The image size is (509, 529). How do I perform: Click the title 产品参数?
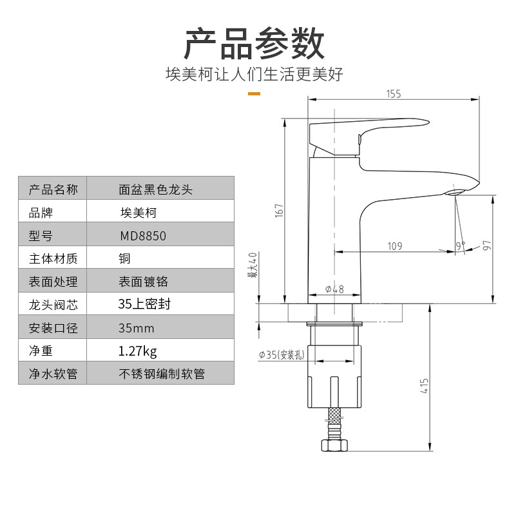[254, 44]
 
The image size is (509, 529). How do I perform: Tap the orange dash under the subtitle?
[254, 93]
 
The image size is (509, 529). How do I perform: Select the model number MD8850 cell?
[142, 236]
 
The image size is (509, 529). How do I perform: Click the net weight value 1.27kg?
[137, 351]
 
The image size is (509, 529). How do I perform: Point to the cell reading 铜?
[125, 259]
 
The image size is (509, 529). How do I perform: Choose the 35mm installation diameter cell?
[137, 328]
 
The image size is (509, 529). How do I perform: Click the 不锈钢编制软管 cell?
[162, 374]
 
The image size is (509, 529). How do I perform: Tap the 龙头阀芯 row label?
[53, 305]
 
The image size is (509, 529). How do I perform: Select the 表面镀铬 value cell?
[143, 282]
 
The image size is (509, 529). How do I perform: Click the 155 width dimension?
[394, 94]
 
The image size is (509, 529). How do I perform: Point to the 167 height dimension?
[279, 210]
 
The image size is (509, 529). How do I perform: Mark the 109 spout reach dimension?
[395, 245]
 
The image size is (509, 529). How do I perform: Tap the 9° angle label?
[460, 245]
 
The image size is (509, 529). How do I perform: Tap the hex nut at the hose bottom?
[334, 445]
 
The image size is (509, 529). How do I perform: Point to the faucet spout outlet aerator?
[456, 191]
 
